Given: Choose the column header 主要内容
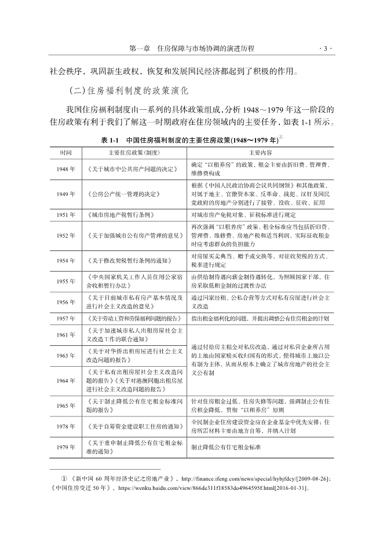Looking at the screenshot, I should point(260,153).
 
